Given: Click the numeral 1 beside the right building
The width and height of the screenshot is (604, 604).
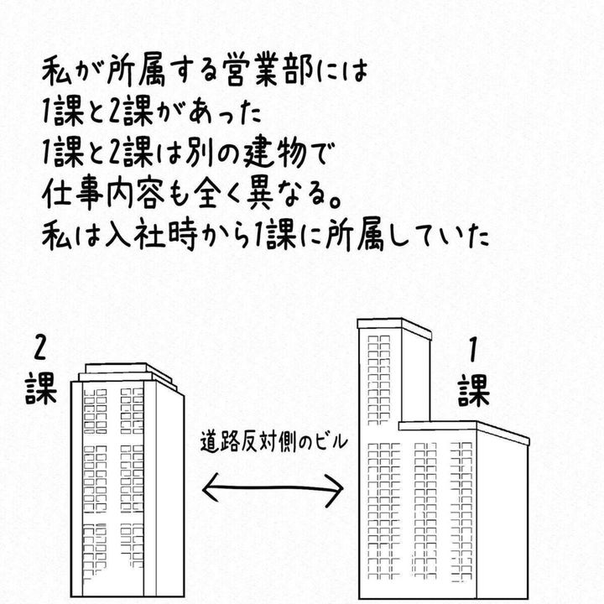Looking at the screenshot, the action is coord(473,350).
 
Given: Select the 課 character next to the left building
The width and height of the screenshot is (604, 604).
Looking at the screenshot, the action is coord(41,390).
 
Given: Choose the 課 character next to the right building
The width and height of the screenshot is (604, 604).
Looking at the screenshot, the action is coord(474,391).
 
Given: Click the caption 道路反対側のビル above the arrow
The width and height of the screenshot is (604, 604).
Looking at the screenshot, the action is coord(273,441).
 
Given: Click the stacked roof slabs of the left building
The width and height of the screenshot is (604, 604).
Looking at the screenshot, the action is coord(128,376).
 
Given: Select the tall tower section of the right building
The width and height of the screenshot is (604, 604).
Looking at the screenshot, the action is coord(393,372).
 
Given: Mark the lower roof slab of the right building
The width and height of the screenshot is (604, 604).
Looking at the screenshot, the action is coord(464,432).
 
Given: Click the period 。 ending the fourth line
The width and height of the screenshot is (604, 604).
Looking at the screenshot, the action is coord(335,202).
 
